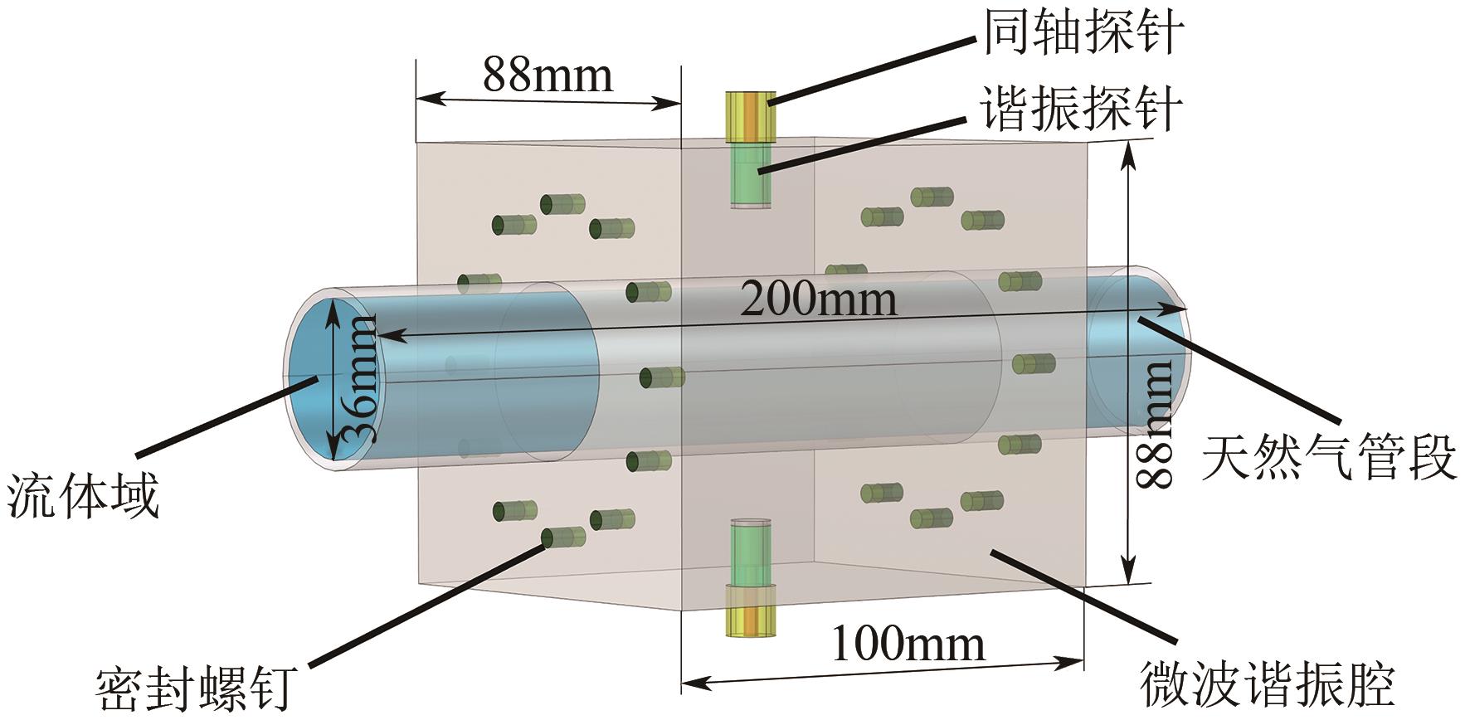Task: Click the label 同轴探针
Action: pos(1083,34)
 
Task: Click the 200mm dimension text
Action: pos(818,299)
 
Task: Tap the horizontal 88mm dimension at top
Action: pos(548,75)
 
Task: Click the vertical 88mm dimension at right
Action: pos(1156,423)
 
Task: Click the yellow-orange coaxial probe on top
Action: pos(751,116)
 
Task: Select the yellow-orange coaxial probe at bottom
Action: pos(752,611)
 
